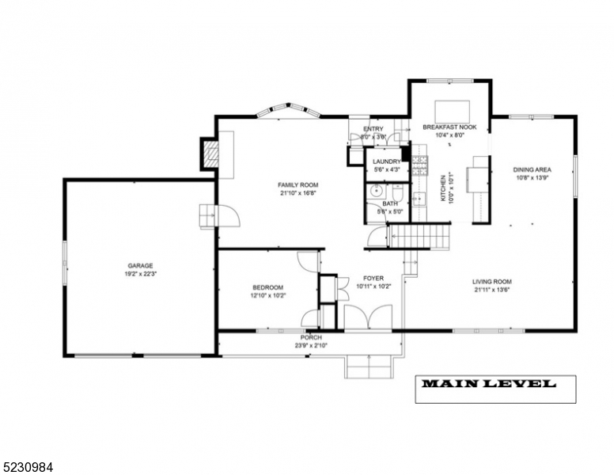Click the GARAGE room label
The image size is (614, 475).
[141, 266]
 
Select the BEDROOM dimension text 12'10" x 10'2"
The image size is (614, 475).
[269, 295]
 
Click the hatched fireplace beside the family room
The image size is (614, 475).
[210, 152]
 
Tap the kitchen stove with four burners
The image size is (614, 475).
[421, 164]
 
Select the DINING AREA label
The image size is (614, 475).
[532, 169]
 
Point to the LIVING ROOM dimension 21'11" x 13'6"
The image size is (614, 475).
[492, 290]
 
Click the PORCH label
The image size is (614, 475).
[309, 337]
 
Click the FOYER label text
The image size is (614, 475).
[373, 279]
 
